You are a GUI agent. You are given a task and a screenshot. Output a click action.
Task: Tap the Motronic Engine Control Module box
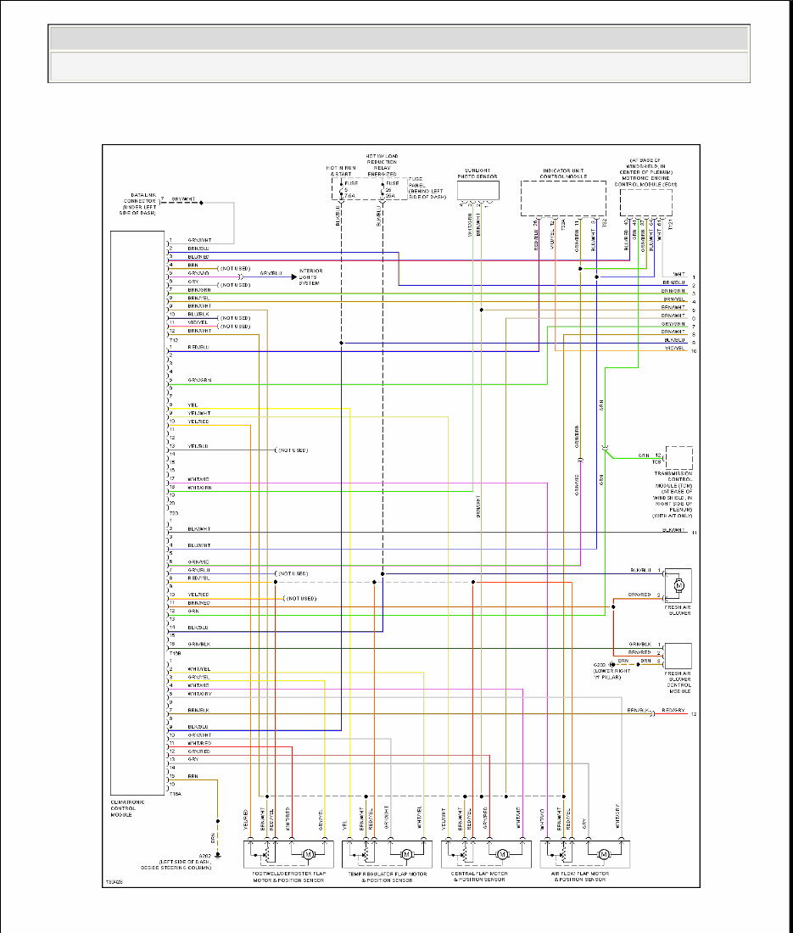pyautogui.click(x=645, y=202)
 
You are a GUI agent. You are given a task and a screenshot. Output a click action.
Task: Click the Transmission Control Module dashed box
pyautogui.click(x=679, y=458)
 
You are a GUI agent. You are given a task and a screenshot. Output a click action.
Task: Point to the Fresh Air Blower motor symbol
pyautogui.click(x=679, y=584)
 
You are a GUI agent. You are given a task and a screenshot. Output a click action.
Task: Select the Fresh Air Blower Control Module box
pyautogui.click(x=679, y=656)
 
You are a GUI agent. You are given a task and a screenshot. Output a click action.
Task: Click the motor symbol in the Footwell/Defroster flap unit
pyautogui.click(x=309, y=853)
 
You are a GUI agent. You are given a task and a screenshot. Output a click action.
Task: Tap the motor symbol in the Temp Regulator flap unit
pyautogui.click(x=406, y=853)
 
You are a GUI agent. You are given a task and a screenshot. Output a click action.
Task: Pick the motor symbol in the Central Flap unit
pyautogui.click(x=504, y=853)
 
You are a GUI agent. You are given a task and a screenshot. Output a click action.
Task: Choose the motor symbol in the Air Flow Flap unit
pyautogui.click(x=604, y=853)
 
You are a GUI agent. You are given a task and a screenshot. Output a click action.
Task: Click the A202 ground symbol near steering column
pyautogui.click(x=218, y=855)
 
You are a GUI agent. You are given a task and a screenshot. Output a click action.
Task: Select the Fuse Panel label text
pyautogui.click(x=427, y=187)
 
